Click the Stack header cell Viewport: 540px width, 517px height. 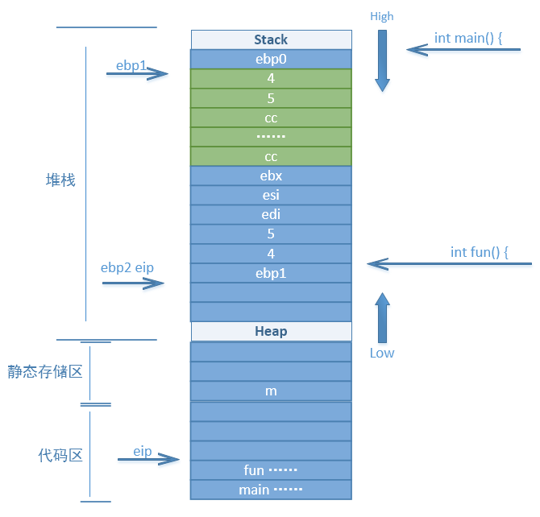272,39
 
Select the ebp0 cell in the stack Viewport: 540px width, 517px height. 271,60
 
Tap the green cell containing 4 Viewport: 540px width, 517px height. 271,78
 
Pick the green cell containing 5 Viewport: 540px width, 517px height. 271,98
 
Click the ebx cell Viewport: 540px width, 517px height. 271,176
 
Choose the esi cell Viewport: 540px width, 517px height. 271,195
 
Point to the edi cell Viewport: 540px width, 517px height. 271,214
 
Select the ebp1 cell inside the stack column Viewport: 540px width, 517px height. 271,273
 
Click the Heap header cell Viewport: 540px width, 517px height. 272,331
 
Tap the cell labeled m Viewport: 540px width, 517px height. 271,391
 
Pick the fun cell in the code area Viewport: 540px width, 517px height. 271,470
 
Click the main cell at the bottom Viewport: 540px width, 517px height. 271,490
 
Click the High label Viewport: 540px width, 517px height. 381,17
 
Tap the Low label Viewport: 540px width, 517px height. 382,354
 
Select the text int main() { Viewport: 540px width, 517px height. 468,38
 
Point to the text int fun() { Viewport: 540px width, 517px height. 480,252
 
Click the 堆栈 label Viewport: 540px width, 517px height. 60,180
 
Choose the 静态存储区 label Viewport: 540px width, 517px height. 45,372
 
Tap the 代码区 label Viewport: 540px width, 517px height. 60,455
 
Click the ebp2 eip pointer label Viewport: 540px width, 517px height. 127,268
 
